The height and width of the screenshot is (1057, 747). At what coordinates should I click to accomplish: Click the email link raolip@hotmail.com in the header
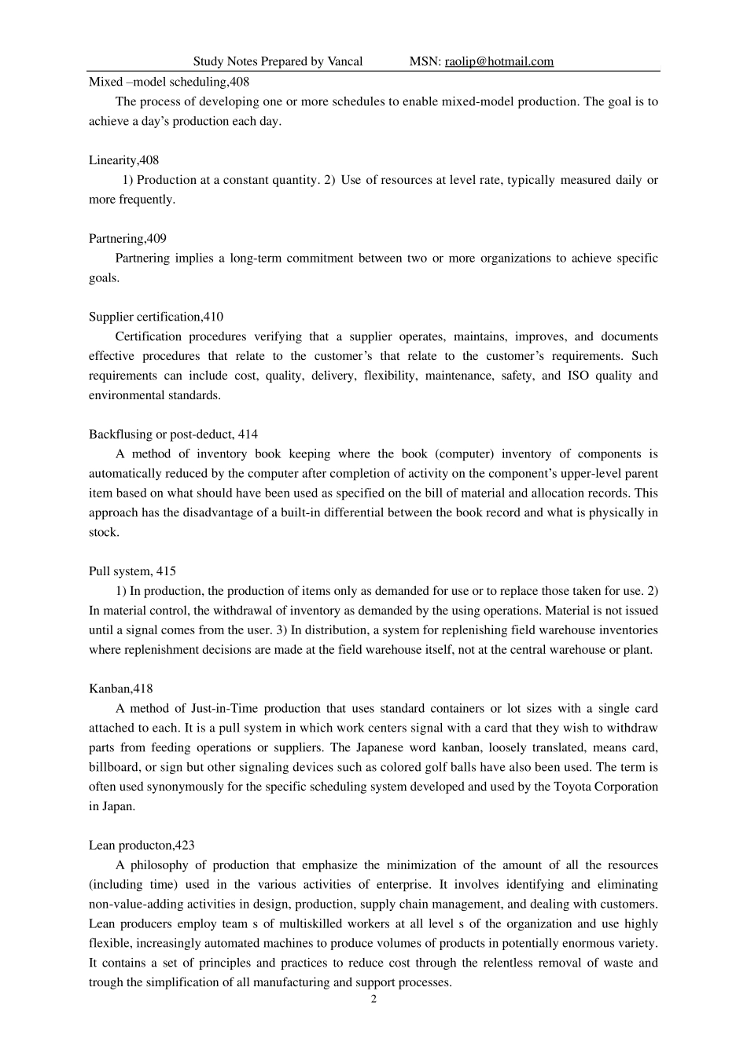[499, 61]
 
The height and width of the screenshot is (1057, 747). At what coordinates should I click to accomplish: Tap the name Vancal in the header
[344, 61]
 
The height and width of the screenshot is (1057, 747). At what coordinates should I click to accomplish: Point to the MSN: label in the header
[425, 61]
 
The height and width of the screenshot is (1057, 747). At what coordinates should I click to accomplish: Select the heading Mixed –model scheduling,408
[169, 82]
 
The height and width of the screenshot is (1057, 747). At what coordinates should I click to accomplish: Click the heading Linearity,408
[123, 160]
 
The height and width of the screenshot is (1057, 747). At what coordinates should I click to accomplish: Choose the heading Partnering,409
[127, 239]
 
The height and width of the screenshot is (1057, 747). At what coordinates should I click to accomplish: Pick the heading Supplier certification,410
[156, 317]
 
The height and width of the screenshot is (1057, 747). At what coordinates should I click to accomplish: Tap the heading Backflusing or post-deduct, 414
[173, 435]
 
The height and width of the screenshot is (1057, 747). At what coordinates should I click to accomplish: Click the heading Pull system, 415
[132, 571]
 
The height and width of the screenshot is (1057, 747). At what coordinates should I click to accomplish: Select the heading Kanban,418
[120, 689]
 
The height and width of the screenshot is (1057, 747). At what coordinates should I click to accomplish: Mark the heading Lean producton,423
[142, 846]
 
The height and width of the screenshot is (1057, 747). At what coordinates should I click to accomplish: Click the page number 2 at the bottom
[373, 1000]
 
